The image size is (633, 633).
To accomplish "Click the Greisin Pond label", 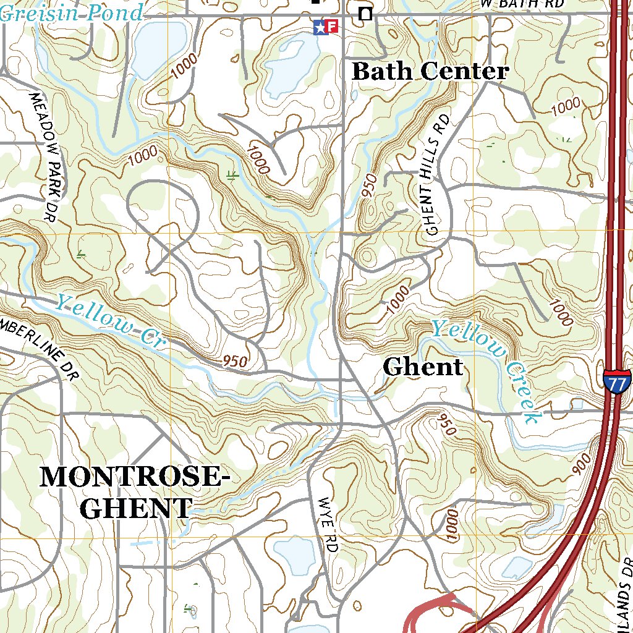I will (x=72, y=12).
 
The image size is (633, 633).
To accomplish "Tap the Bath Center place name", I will (x=430, y=72).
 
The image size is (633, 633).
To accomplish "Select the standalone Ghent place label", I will (x=423, y=367).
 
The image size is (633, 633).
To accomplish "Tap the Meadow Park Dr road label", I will (x=47, y=157).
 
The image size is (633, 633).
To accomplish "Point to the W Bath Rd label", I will (x=523, y=4).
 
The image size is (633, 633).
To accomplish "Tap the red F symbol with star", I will (x=326, y=26).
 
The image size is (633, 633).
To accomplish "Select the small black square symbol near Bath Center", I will (x=366, y=14).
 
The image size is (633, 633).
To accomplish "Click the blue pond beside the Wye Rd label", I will (x=295, y=554).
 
